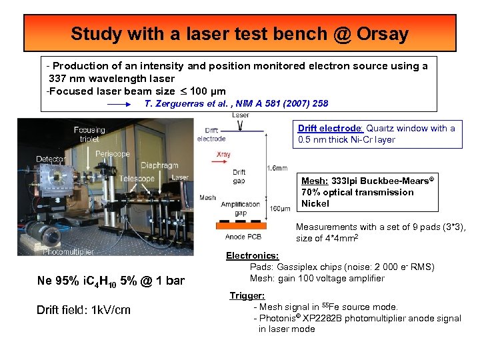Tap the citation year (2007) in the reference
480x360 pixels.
299,103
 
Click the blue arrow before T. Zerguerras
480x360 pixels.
119,104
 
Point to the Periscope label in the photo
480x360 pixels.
112,154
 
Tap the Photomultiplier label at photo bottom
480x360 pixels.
68,251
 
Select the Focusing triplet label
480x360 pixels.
90,134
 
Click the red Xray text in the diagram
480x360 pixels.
224,154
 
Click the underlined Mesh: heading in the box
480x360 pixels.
314,181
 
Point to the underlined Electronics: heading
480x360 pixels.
252,255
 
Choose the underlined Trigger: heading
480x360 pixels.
247,295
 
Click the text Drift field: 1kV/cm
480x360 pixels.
83,310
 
